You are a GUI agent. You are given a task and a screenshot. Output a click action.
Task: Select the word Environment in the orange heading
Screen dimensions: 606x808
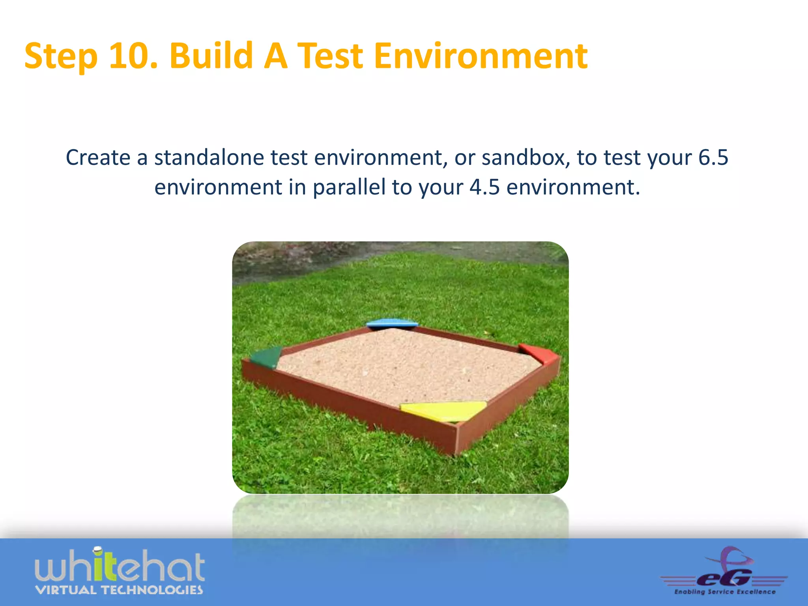point(480,56)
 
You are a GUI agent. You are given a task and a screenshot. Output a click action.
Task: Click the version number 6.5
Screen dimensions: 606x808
point(713,158)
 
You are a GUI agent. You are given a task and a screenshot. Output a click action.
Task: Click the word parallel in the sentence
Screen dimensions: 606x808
point(349,187)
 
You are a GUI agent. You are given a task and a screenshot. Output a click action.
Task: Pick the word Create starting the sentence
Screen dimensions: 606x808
point(98,158)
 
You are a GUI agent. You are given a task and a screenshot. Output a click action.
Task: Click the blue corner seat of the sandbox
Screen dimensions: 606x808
point(391,324)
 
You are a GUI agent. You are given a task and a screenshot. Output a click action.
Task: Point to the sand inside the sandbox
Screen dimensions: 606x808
point(402,367)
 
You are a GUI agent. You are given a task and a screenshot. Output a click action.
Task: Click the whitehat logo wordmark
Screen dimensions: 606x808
point(120,566)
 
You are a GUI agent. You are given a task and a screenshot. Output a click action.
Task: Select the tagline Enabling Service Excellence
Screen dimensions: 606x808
point(725,592)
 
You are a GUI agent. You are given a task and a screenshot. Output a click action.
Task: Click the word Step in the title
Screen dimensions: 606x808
point(61,56)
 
